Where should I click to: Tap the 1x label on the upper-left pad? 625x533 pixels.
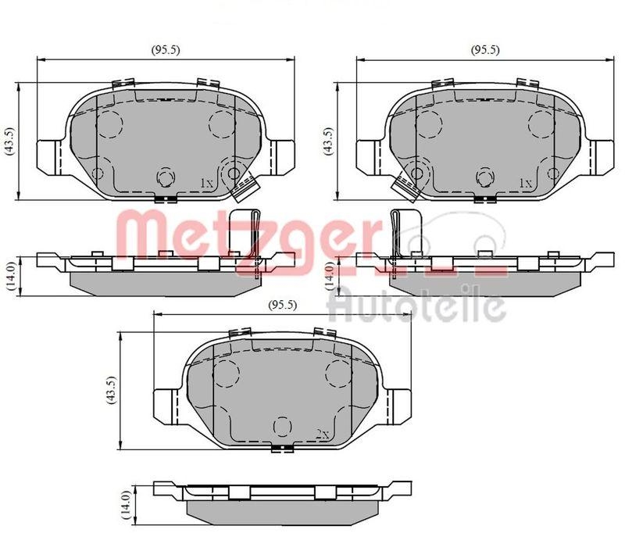coord(206,183)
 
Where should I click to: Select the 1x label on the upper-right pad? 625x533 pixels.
coord(527,183)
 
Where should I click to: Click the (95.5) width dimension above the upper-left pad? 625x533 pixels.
coord(166,50)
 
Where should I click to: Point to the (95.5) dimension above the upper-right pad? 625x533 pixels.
coord(484,50)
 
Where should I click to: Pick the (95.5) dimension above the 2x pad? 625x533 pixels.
coord(281,305)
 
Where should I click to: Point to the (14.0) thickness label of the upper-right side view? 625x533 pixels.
coord(331,275)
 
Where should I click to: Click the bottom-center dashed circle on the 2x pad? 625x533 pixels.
coord(280,427)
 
